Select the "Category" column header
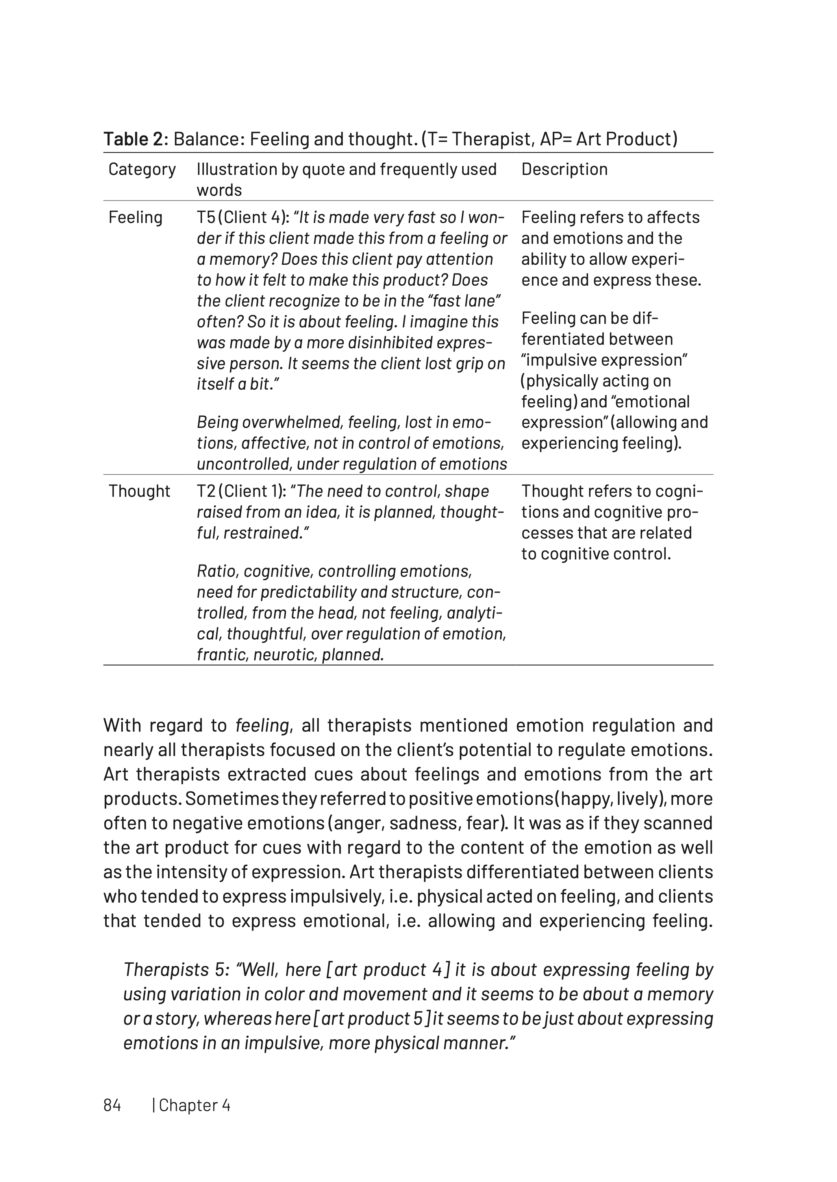[142, 169]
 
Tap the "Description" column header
[564, 169]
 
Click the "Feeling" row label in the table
[135, 217]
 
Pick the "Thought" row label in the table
[139, 491]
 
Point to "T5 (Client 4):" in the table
[242, 217]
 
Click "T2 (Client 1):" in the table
[241, 491]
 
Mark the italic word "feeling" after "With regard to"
[261, 725]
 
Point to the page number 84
[112, 1105]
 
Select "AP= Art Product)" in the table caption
[608, 139]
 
